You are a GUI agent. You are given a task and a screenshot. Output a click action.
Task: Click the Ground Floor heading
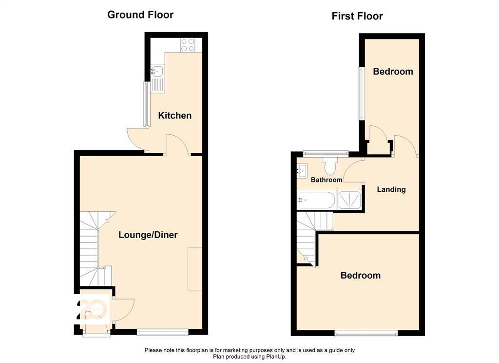pos(140,15)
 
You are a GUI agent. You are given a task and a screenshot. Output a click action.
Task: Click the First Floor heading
pos(357,16)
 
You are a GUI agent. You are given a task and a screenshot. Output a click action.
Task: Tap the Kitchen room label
pos(175,115)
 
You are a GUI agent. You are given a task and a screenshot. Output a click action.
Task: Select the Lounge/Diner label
pos(148,235)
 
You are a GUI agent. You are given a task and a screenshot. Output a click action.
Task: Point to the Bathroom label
pos(326,180)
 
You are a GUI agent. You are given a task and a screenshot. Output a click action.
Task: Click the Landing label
pos(391,189)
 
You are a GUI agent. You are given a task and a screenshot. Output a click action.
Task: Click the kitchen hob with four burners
pos(188,44)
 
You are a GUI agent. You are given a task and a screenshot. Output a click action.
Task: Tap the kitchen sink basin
pos(157,71)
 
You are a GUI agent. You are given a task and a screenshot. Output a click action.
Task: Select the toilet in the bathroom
pos(330,166)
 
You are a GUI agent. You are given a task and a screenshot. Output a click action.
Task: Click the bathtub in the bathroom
pos(316,201)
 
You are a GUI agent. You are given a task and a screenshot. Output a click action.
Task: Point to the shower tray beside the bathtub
pos(349,200)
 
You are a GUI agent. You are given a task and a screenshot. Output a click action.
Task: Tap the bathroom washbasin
pos(302,171)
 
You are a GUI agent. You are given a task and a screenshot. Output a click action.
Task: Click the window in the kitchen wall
pos(146,104)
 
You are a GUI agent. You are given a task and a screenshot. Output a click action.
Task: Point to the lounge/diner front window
pos(163,332)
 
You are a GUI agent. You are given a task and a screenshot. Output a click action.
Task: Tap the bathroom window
pos(326,153)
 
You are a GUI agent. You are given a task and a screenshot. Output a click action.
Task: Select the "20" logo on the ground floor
pos(92,309)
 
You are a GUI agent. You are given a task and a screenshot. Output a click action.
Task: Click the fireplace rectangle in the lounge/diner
pos(195,269)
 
